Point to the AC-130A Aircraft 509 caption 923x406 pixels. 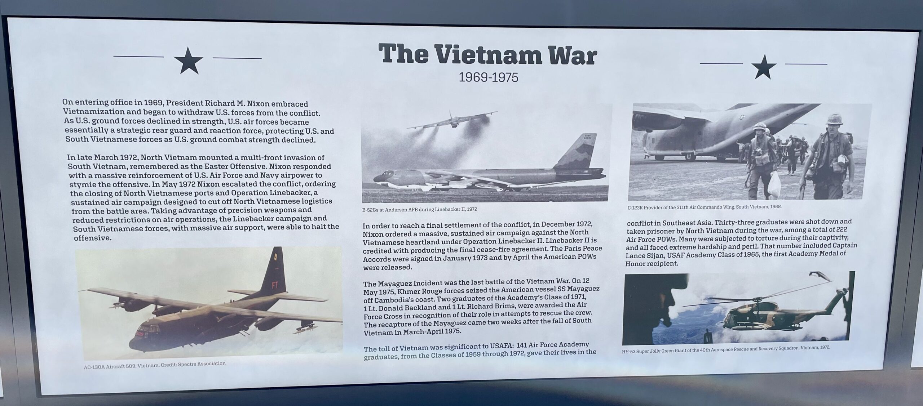pyautogui.click(x=155, y=365)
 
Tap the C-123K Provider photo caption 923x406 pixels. pyautogui.click(x=704, y=207)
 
